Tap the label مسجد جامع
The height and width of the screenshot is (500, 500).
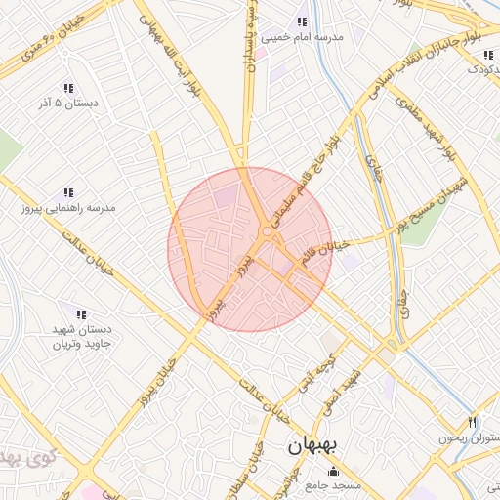tap(333, 484)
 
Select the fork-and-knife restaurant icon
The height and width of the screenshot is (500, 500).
tap(472, 423)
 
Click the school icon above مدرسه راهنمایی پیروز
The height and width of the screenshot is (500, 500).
tap(68, 192)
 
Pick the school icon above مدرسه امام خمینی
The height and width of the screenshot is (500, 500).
tap(302, 21)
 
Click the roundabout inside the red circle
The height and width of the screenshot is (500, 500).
tap(267, 231)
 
